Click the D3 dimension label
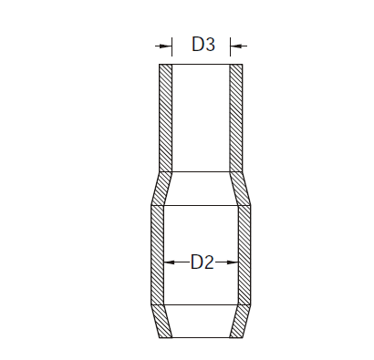203,45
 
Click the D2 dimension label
203,262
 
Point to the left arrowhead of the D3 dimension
166,46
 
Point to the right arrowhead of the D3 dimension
236,46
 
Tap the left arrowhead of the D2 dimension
170,262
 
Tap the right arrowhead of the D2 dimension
233,262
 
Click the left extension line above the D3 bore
172,46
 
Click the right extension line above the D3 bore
230,46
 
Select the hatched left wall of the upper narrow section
166,118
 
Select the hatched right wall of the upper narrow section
236,118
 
